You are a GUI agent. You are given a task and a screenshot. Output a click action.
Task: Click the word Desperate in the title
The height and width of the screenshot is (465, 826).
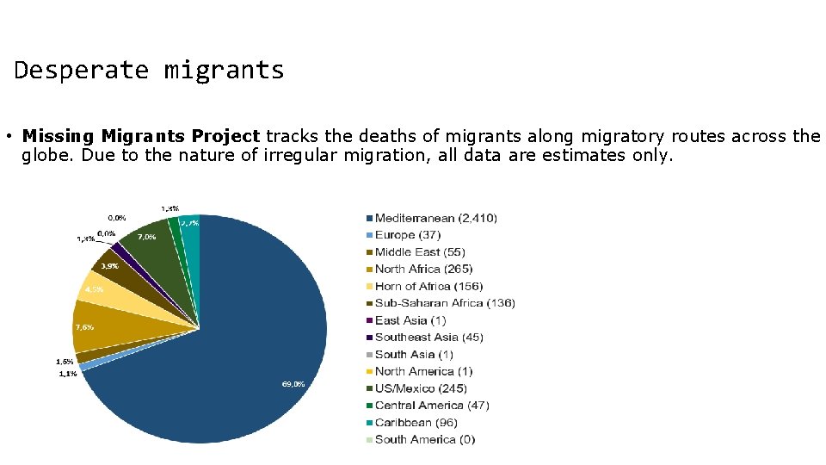[x=81, y=70]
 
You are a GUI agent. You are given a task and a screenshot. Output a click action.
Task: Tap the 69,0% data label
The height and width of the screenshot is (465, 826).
[x=293, y=384]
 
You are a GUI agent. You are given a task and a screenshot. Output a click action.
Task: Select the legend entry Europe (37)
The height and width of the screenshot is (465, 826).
[x=407, y=235]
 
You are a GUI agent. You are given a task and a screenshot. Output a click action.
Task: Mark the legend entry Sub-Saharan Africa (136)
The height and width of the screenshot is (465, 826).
[x=444, y=303]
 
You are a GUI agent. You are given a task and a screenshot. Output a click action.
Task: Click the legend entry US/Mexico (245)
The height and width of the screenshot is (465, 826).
[x=421, y=388]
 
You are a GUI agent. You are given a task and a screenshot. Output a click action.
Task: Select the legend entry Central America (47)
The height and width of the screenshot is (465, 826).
[x=431, y=406]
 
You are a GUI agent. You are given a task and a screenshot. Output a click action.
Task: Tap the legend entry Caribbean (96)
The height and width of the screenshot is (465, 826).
[x=416, y=423]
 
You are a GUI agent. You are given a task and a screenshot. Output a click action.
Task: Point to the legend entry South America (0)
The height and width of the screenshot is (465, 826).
[x=424, y=439]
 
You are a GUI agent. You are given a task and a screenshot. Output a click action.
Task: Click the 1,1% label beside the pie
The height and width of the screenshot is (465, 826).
[x=67, y=374]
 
